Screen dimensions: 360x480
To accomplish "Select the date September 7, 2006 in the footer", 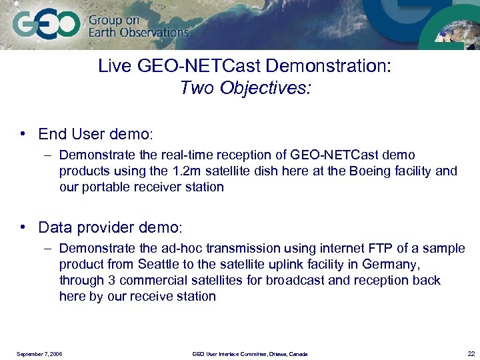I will coord(39,354).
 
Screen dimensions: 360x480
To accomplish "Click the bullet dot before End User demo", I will coord(23,134).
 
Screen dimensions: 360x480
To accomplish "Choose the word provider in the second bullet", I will coord(103,227).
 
